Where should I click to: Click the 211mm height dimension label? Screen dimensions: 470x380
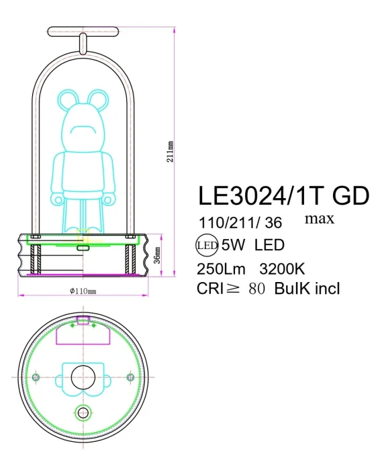pos(172,152)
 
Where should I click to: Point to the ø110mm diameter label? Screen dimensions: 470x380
pos(83,291)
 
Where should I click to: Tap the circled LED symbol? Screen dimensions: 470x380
pos(206,245)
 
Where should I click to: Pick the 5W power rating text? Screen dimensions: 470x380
pos(234,245)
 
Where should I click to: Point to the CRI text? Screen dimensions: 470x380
pos(213,289)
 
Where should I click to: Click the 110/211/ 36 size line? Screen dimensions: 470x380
pos(240,222)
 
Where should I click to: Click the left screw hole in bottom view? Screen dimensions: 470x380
pos(37,377)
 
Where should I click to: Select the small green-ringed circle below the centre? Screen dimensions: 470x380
pos(83,412)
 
